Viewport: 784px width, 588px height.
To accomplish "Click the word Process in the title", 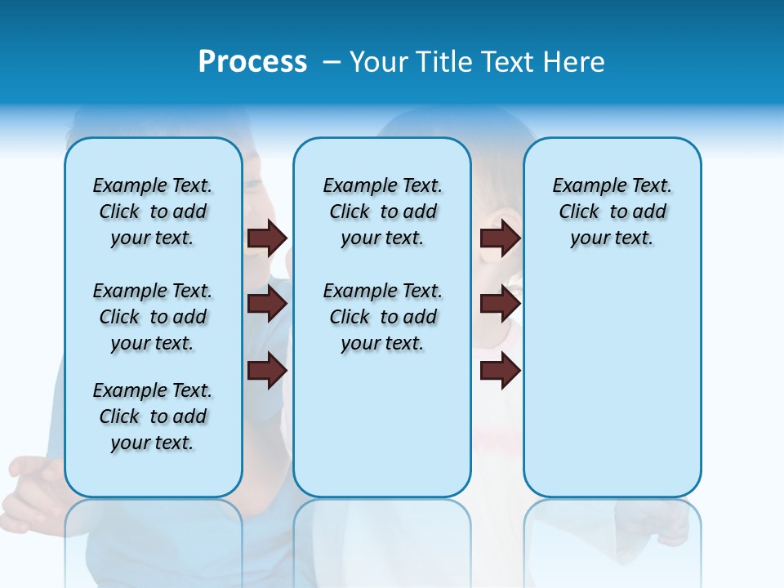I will pos(252,62).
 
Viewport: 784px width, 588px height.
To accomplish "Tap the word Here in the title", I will pos(572,62).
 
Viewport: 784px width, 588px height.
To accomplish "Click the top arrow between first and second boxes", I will pos(267,238).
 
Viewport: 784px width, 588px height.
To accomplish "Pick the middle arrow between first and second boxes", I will pos(267,304).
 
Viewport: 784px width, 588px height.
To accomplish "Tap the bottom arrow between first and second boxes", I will pos(267,370).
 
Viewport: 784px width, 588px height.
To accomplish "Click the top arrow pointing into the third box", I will pos(500,238).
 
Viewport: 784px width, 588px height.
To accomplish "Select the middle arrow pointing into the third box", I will pos(500,304).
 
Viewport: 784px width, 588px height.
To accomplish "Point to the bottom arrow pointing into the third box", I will pos(500,370).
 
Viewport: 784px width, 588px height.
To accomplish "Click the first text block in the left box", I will pos(153,212).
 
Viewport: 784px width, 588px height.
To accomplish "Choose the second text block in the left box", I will pos(153,317).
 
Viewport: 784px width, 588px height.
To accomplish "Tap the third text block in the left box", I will pos(153,416).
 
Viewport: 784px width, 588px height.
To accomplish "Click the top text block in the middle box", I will pos(382,212).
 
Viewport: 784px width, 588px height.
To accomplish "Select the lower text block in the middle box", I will pos(382,317).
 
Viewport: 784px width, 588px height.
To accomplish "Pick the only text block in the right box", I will pos(612,212).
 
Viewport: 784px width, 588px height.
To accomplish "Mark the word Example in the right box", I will pos(583,185).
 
